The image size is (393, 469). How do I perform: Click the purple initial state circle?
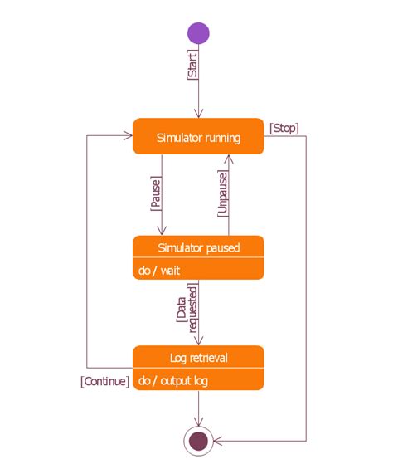(x=198, y=33)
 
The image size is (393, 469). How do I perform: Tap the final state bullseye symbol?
(x=198, y=441)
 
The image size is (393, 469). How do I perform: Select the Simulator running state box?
(x=198, y=136)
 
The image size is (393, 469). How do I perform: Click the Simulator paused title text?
(x=199, y=248)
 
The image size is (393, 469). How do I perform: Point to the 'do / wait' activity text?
(x=159, y=271)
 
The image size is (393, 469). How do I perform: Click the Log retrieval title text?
(x=199, y=358)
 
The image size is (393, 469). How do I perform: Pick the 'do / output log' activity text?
(x=173, y=381)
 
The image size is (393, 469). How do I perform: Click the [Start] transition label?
(x=192, y=66)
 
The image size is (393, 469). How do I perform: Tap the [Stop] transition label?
(x=284, y=129)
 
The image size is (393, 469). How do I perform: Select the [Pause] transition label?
(x=156, y=193)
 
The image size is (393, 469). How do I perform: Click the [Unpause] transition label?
(x=223, y=193)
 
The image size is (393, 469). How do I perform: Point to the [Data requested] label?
(x=187, y=308)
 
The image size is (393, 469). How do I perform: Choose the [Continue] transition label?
(x=105, y=381)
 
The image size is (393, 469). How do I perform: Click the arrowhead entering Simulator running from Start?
(x=198, y=114)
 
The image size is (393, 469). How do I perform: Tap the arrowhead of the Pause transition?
(x=162, y=231)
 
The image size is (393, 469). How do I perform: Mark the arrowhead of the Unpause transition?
(x=229, y=159)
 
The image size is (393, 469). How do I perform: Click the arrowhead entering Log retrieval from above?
(x=198, y=341)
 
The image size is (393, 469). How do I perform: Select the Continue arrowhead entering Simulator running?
(x=129, y=136)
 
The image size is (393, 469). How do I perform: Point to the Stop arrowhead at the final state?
(x=218, y=441)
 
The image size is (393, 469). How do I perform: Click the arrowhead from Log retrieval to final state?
(x=198, y=422)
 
